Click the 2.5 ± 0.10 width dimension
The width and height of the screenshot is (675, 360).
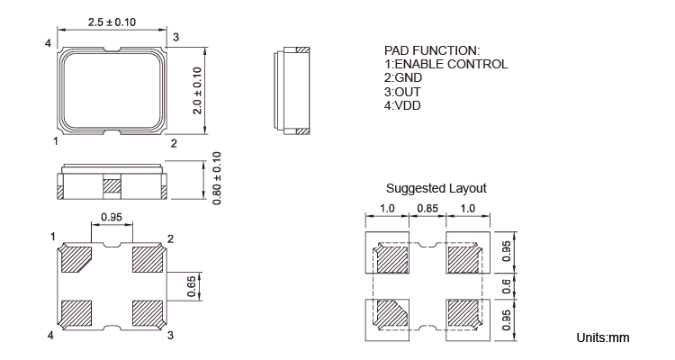112,22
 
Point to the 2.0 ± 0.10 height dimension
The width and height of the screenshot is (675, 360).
197,91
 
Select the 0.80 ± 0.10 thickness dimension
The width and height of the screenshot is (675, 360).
217,178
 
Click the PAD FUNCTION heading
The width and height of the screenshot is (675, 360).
432,50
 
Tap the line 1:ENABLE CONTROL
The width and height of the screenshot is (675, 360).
446,64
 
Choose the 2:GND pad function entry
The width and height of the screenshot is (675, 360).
403,78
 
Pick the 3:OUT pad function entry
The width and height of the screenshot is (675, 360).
402,92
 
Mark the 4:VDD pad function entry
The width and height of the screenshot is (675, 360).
402,105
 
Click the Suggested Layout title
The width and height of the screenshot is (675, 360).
436,188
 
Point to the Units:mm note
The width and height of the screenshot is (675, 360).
603,337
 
